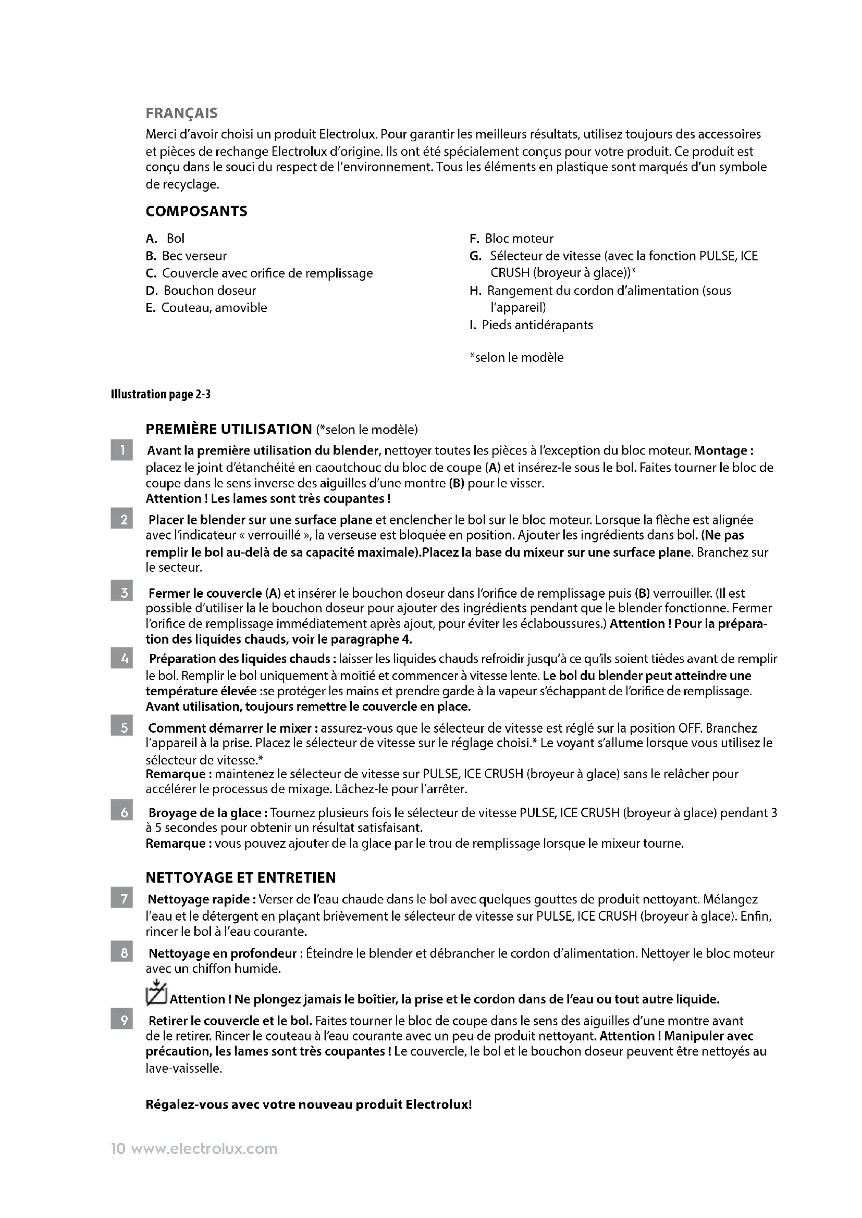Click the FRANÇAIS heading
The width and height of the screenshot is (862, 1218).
(181, 114)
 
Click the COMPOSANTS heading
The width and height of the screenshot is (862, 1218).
(196, 211)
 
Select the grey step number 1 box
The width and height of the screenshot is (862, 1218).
(121, 451)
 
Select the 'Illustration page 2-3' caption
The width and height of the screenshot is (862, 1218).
(161, 394)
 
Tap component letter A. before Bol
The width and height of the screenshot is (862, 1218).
(151, 238)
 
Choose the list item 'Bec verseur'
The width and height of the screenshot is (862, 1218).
(194, 256)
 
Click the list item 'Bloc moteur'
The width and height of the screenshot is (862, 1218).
(519, 238)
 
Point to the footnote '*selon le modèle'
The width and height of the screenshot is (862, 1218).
(516, 358)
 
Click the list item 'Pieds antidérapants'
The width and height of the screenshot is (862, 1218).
(537, 325)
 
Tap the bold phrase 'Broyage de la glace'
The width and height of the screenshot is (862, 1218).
(205, 813)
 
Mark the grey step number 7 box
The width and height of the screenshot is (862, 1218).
(121, 899)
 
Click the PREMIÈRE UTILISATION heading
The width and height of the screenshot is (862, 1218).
(229, 429)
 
